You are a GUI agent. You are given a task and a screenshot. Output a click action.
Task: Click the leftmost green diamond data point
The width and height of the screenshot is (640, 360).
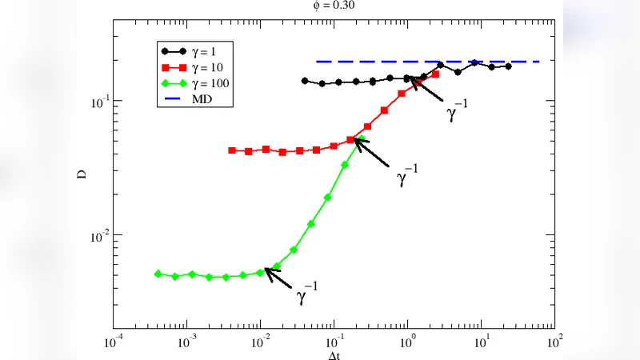(x=158, y=274)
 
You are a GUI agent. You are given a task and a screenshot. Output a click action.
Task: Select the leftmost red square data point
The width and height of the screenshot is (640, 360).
(x=231, y=150)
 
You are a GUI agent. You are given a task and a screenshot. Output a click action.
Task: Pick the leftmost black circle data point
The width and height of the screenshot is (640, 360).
(x=305, y=81)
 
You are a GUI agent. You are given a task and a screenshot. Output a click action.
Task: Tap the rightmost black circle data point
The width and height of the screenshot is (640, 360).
(x=508, y=66)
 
